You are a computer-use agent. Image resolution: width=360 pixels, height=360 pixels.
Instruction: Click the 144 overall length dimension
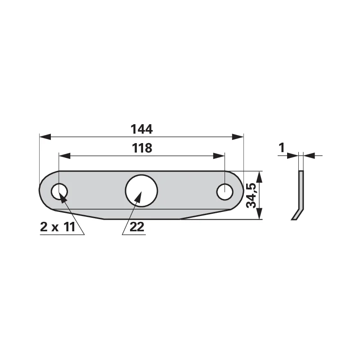click(141, 129)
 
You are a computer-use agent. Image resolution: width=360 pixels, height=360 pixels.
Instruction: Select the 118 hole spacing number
click(142, 148)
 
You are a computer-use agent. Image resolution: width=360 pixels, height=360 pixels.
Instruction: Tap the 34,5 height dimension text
click(251, 195)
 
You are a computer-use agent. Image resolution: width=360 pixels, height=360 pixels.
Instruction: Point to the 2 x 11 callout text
click(58, 227)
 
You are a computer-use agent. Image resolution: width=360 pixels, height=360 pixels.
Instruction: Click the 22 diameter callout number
click(137, 227)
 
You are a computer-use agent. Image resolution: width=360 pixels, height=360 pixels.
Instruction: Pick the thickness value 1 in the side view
click(282, 148)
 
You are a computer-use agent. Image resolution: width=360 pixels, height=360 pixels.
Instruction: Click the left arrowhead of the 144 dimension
click(45, 137)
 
